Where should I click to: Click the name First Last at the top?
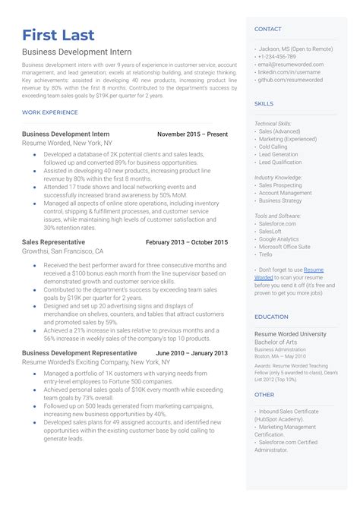pos(58,35)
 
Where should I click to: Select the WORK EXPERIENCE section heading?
pos(50,112)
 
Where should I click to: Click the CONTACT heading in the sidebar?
pos(267,29)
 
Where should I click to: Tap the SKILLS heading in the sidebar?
pos(264,103)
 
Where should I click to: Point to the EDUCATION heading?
pos(271,317)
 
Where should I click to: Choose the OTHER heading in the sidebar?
pos(264,394)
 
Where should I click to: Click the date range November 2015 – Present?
pos(192,134)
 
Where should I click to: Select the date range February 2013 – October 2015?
pos(186,242)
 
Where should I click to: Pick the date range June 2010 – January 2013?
pos(191,353)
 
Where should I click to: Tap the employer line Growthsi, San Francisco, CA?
pos(62,251)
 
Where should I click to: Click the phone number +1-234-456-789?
pos(277,56)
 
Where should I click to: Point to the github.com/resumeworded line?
pos(291,79)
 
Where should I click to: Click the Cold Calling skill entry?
pos(273,147)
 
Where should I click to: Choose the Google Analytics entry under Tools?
pos(279,238)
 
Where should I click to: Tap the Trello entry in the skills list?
pos(266,254)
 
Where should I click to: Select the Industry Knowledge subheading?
pos(278,177)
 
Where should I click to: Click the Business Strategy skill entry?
pos(280,200)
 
